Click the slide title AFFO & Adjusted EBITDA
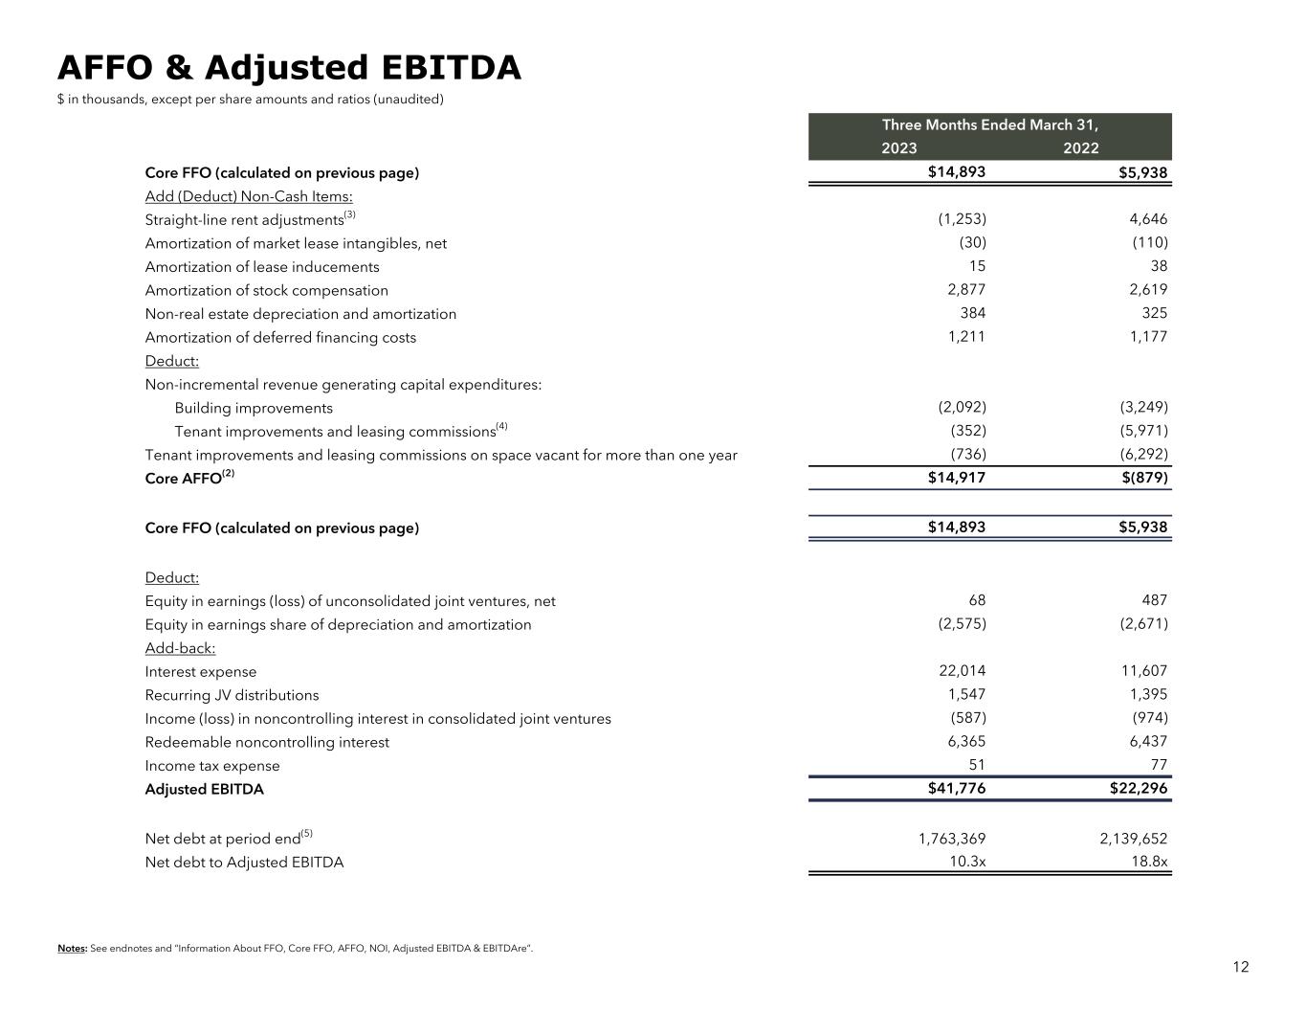coord(289,68)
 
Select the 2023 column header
coord(898,148)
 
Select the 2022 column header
coord(1080,148)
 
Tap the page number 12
coord(1240,967)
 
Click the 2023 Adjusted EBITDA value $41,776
coord(956,789)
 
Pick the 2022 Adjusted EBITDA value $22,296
coord(1138,789)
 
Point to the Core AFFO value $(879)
coord(1144,477)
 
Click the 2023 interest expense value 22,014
coord(962,671)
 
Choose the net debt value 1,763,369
coord(951,839)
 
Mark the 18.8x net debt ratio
coord(1149,862)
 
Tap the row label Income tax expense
coord(212,766)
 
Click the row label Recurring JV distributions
coord(232,695)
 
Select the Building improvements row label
coord(254,408)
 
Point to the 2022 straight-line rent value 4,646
coord(1148,219)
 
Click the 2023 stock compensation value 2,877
coord(966,289)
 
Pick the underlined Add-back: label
coord(180,648)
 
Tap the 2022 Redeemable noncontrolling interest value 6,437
coord(1148,741)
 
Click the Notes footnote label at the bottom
coord(72,949)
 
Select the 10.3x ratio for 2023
coord(967,862)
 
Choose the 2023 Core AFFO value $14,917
coord(956,477)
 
